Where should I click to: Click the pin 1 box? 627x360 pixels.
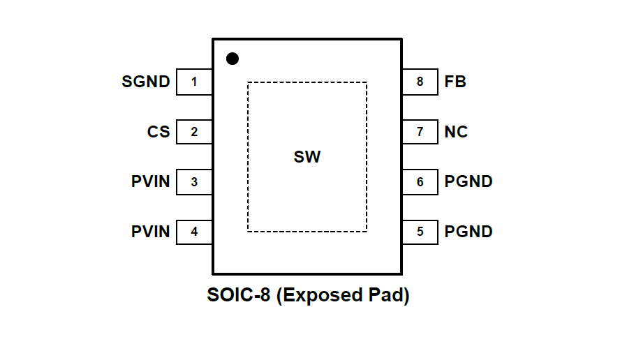[x=194, y=82]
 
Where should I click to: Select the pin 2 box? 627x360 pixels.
[x=194, y=132]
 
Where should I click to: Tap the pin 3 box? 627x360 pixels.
[x=194, y=182]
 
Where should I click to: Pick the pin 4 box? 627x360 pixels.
[x=194, y=232]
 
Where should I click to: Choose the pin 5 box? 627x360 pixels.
[x=420, y=232]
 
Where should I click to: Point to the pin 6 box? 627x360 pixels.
[x=420, y=182]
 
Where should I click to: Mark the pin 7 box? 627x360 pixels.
[x=420, y=132]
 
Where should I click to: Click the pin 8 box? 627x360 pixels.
[x=420, y=82]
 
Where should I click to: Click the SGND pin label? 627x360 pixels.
[x=146, y=82]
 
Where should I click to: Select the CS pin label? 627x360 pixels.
[x=158, y=132]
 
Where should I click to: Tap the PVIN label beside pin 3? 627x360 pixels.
[x=151, y=182]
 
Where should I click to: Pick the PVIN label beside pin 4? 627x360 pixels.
[x=151, y=232]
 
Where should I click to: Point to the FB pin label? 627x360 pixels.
[x=455, y=82]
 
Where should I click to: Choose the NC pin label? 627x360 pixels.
[x=456, y=132]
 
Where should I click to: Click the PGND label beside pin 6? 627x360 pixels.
[x=469, y=182]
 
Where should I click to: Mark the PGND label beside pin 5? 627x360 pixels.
[x=469, y=232]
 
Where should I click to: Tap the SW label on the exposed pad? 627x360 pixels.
[x=307, y=157]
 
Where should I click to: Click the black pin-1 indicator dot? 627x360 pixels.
[x=233, y=59]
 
